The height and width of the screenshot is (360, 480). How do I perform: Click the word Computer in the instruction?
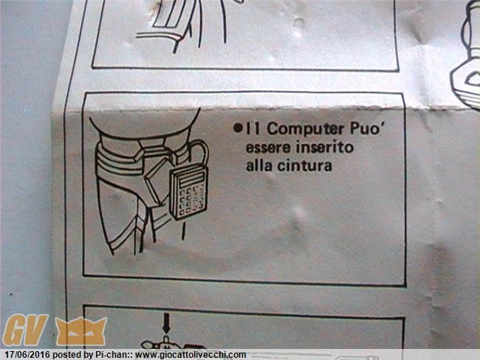[306, 130]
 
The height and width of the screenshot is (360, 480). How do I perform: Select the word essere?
[268, 148]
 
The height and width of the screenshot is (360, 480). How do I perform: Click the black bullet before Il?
[238, 128]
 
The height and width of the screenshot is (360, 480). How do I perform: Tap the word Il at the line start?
[253, 129]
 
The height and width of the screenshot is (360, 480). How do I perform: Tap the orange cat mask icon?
[81, 331]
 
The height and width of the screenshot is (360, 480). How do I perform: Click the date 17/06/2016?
[27, 355]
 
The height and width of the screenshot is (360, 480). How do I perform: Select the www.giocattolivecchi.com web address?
[191, 355]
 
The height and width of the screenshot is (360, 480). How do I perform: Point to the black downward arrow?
[166, 322]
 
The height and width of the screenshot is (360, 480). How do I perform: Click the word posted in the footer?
[66, 355]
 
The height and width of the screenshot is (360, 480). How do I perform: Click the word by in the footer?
[88, 356]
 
